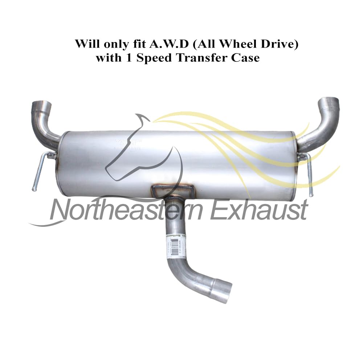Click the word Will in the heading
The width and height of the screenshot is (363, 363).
[85, 44]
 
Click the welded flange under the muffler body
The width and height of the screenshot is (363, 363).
[173, 190]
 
